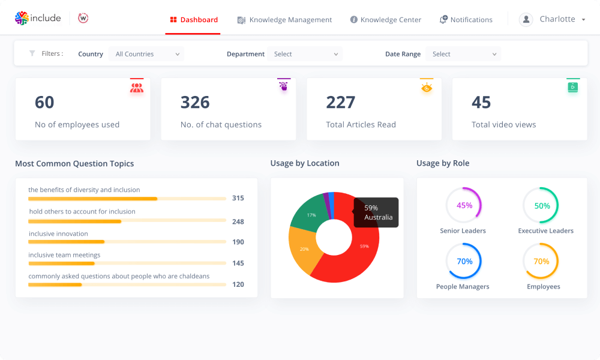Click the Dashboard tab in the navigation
pos(193,20)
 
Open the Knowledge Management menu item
pos(284,20)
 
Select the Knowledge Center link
pos(386,20)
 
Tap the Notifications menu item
pos(466,20)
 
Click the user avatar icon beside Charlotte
pos(526,19)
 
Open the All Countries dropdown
pos(147,54)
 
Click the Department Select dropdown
pos(305,54)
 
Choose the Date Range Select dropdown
pos(464,54)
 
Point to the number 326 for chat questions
pos(195,102)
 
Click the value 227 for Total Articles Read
pos(341,102)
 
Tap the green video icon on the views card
pos(572,87)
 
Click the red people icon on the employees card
pos(137,88)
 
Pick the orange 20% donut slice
pos(302,251)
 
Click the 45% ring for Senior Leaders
pos(464,205)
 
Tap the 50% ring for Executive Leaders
pos(541,205)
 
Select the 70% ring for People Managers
pos(464,261)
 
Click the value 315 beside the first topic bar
pos(238,198)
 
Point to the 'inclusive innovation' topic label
pos(58,234)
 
